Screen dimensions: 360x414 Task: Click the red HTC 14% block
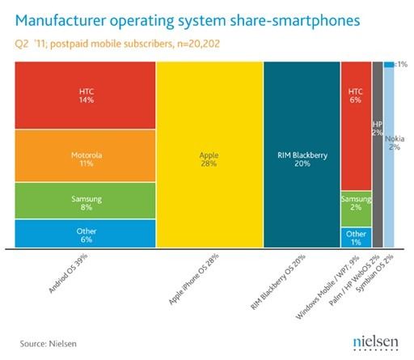coord(85,95)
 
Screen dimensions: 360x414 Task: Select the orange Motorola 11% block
coord(85,155)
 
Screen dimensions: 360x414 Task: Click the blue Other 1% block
coord(356,237)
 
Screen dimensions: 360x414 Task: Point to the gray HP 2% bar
coord(377,154)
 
